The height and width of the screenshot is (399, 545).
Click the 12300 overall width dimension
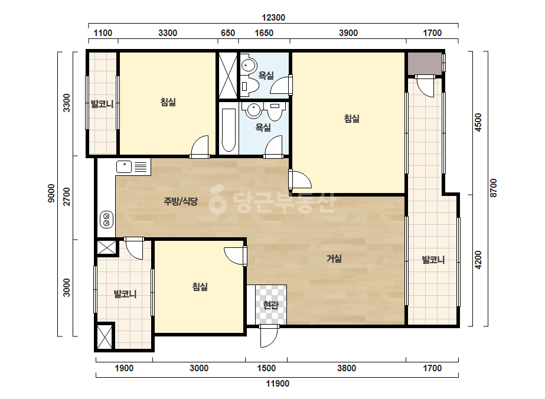(x=273, y=18)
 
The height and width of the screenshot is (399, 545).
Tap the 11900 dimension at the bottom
(x=278, y=384)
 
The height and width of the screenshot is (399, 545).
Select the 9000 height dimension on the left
(x=51, y=194)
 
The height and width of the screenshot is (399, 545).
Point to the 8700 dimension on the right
(x=493, y=188)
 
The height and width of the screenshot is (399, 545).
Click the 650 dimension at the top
(x=228, y=33)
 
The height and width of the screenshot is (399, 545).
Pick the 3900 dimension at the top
(x=348, y=33)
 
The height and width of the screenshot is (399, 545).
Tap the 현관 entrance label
(x=271, y=305)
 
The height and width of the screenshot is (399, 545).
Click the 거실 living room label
(x=334, y=259)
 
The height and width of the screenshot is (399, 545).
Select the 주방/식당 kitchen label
(x=181, y=201)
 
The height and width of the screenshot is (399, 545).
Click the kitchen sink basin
(x=124, y=166)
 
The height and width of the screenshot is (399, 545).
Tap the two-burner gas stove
(x=107, y=220)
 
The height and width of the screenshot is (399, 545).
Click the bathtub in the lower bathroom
(x=229, y=130)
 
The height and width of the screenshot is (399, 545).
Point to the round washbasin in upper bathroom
(x=249, y=65)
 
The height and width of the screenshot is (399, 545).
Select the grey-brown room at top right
(x=425, y=63)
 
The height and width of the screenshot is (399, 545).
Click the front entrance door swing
(x=269, y=336)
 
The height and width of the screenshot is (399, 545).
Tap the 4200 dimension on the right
(x=478, y=260)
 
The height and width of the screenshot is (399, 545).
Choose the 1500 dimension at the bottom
(x=266, y=368)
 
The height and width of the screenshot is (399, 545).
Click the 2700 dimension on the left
(x=66, y=197)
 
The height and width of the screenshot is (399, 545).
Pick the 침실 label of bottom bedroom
(x=200, y=287)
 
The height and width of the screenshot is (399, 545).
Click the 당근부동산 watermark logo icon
(x=217, y=200)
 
